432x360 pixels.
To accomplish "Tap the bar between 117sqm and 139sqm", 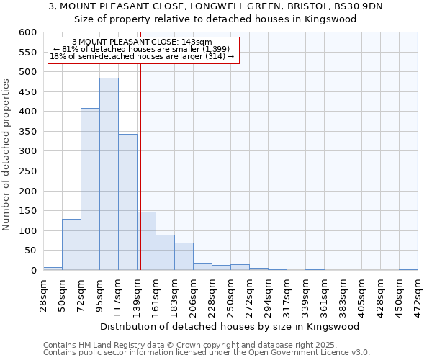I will coord(127,202).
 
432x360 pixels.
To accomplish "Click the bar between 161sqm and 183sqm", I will coord(165,253).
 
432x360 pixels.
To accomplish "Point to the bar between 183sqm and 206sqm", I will coord(184,256).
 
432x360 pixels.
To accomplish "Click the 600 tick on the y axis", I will coord(27,33).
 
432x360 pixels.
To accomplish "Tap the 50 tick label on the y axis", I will coord(30,251).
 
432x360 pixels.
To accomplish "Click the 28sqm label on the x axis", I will coord(43,293).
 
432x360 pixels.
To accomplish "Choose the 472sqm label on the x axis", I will coord(418,293).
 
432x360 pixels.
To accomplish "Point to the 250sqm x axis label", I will coord(230,293).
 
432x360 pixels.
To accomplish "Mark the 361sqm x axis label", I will coord(324,293).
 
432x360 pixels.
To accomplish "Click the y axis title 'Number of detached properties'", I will coord(7,151).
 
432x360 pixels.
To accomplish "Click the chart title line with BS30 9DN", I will coord(215,6).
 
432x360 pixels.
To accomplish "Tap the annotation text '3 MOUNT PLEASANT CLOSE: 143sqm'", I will coord(142,42).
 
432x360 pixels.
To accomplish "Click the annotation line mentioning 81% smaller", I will coord(142,49).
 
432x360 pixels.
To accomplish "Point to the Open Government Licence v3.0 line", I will coord(206,353).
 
